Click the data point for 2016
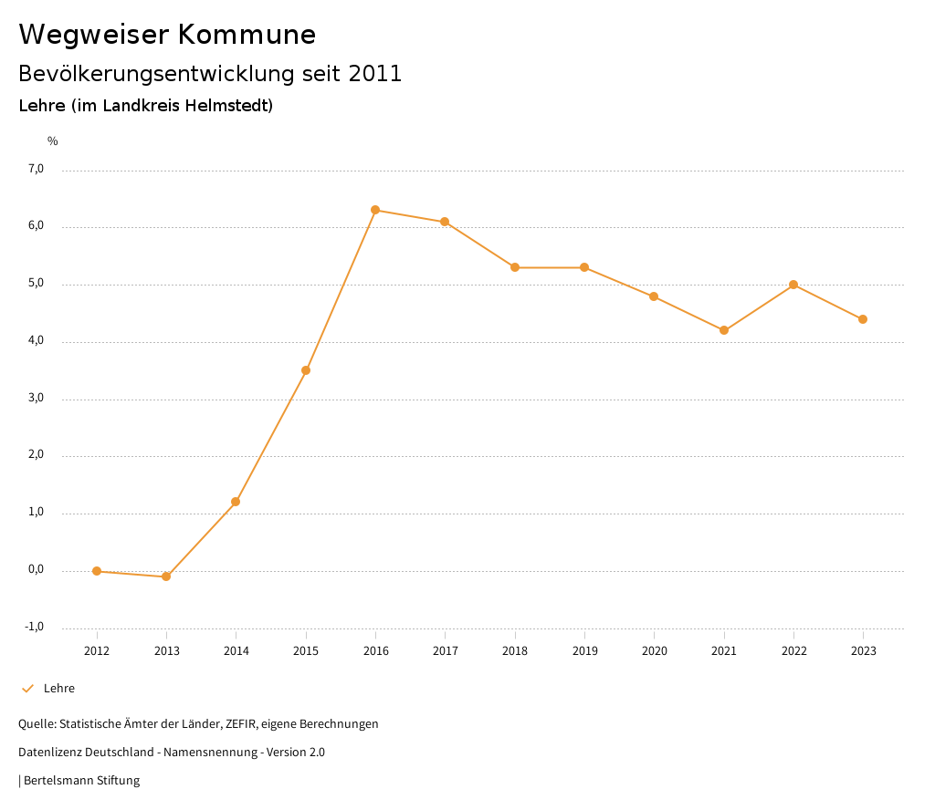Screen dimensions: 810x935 [375, 210]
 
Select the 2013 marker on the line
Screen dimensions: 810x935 [166, 576]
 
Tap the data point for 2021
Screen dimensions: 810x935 [724, 330]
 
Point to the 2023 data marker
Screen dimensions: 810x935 [863, 319]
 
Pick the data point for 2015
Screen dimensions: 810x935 [306, 370]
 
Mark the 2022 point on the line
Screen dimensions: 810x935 [793, 285]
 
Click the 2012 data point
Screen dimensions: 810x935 [97, 571]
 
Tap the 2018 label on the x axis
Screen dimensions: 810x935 [515, 651]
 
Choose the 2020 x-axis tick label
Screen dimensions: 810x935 [654, 651]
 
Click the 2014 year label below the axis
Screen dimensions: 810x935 [236, 651]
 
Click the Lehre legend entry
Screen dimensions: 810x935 [59, 689]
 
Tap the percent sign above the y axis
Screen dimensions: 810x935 [53, 141]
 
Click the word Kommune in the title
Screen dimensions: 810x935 [247, 35]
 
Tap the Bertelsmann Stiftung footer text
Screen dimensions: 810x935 [81, 781]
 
